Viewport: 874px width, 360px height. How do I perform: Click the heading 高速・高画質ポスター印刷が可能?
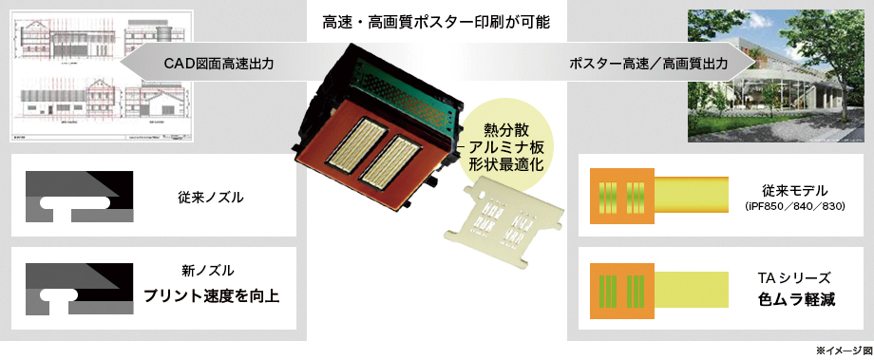click(x=437, y=20)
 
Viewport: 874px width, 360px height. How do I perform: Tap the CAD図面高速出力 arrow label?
click(x=218, y=64)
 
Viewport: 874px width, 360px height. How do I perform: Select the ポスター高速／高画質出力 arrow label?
click(x=649, y=64)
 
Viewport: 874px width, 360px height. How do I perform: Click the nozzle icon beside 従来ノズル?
click(x=71, y=196)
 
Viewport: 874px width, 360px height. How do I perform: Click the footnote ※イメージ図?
click(x=845, y=351)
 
